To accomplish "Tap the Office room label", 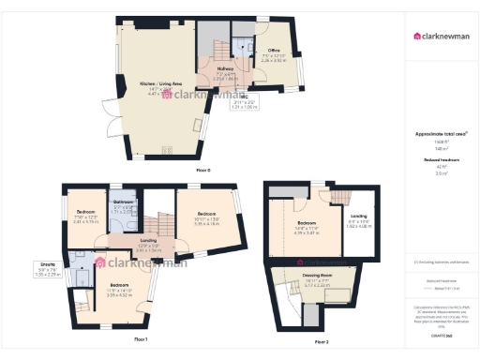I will tap(275, 50).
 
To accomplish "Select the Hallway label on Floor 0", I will tap(225, 68).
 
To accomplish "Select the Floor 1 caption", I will tap(140, 337).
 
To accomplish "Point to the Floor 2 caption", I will tap(321, 343).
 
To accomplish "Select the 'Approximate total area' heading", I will tap(442, 134).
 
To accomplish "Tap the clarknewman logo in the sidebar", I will tap(442, 37).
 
